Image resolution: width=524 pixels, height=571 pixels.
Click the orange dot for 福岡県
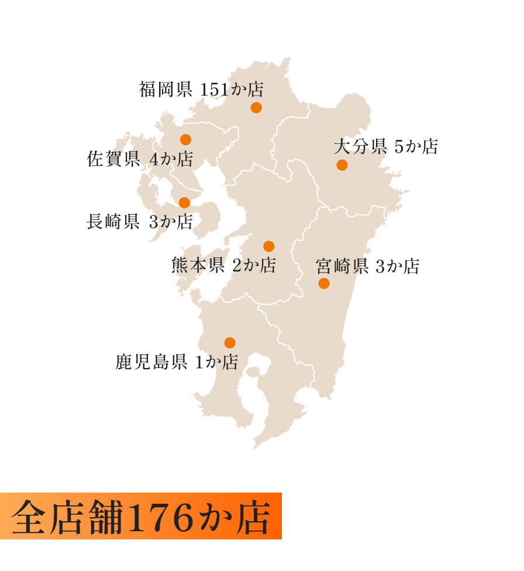point(256,108)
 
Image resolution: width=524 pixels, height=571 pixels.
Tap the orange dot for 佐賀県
point(185,139)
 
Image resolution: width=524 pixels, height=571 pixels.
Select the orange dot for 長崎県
point(184,202)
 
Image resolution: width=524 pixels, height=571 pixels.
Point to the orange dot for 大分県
point(342,165)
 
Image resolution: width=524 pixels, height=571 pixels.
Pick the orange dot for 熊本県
point(268,246)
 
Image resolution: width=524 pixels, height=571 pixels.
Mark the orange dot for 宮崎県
point(324,284)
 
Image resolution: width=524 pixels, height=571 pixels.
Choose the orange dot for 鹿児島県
point(230,343)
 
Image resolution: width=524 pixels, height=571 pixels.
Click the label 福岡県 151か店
point(201,90)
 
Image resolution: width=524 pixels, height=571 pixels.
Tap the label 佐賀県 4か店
point(140,159)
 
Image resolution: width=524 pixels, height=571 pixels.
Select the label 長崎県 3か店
point(140,222)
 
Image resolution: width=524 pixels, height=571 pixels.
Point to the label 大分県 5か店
point(386,146)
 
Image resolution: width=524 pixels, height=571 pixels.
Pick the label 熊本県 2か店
point(223,266)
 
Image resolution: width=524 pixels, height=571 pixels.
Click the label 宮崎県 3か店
point(368,267)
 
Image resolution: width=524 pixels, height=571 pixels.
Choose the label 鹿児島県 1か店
point(177,362)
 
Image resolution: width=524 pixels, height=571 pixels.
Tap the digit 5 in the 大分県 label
point(399,147)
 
